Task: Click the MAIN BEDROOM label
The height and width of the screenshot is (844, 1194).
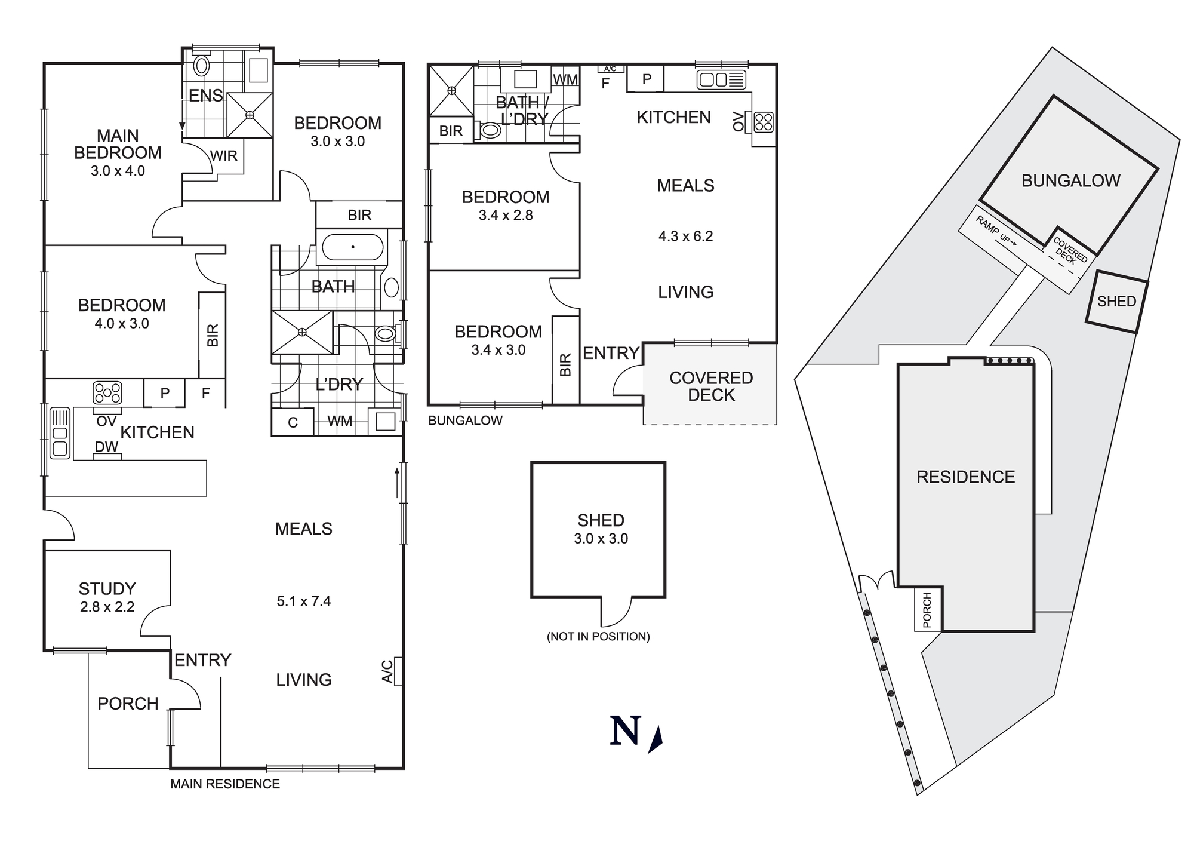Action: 118,145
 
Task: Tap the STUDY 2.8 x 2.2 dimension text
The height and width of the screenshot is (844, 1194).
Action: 107,607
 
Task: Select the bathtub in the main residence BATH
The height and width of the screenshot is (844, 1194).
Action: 353,247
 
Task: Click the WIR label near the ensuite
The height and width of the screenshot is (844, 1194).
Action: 224,156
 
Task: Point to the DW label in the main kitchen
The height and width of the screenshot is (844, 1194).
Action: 106,447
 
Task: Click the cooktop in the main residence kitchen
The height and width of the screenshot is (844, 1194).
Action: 107,393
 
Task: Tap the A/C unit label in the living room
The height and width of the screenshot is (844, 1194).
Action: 387,671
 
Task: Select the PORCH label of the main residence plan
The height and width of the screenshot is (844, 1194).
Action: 128,704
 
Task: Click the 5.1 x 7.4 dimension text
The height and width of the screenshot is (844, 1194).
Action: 303,601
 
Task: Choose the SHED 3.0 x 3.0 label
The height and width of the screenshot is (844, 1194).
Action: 601,529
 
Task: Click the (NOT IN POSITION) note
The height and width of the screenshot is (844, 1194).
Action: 598,637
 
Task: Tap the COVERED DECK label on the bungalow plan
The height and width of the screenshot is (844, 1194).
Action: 710,386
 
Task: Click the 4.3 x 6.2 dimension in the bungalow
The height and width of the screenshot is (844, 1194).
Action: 685,237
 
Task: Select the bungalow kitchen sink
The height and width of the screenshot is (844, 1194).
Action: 721,79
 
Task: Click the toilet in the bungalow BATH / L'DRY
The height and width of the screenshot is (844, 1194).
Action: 490,131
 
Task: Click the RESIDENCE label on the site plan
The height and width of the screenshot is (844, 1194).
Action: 965,477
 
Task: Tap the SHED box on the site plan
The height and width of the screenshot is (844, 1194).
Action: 1116,302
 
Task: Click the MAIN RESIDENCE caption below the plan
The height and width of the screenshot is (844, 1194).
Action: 225,784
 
